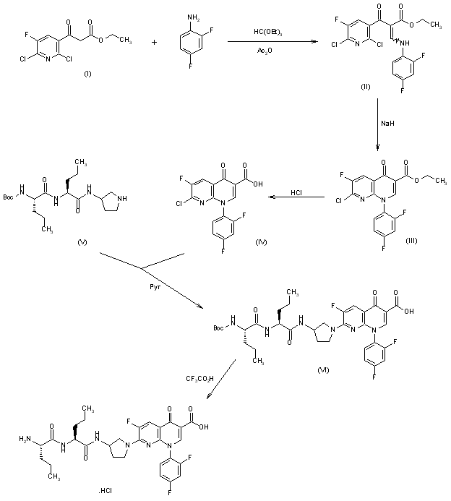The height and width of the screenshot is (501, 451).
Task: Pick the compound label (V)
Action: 82,241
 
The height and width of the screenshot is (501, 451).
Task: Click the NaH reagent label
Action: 387,124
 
